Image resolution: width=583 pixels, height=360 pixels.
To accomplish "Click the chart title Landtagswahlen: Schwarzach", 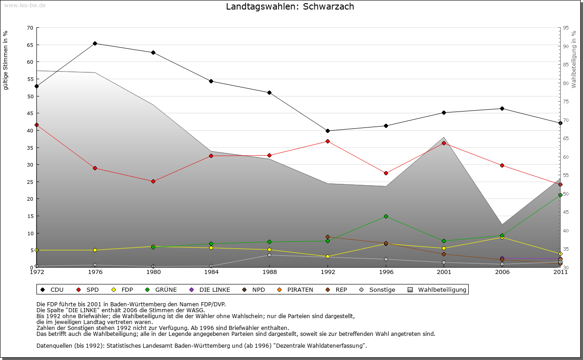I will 290,7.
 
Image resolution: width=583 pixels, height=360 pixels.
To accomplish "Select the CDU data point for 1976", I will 95,44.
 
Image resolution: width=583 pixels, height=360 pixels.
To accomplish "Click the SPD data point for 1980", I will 153,181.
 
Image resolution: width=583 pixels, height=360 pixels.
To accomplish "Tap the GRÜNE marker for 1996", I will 386,216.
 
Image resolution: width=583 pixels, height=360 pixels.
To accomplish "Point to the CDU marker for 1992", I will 327,131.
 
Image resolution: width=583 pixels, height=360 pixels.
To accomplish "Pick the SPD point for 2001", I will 444,143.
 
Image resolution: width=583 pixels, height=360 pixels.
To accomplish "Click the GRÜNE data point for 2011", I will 560,195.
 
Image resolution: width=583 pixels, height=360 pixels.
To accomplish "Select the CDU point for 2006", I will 502,109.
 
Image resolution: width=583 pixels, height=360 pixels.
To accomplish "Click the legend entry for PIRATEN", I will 296,290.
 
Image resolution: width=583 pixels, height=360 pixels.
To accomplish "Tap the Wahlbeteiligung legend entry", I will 438,290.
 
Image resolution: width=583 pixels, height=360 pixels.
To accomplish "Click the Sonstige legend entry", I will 378,290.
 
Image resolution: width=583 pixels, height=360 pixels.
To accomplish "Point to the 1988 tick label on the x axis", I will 269,272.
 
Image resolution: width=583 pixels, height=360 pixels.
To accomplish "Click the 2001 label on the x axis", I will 444,272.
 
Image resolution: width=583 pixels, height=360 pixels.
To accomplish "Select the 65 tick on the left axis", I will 30,45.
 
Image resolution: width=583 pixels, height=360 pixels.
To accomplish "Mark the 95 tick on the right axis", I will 566,28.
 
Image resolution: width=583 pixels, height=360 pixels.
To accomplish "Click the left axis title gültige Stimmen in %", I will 6,61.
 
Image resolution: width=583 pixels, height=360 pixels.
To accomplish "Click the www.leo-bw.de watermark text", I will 25,5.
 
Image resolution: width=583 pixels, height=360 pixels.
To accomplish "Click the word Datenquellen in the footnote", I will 54,345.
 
